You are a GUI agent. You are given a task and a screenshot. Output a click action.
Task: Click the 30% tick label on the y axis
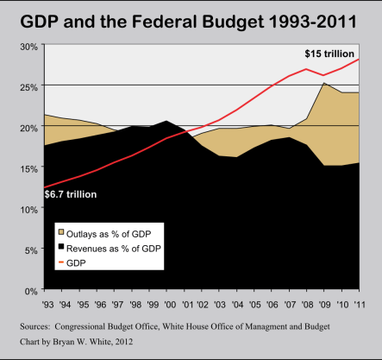pos(28,47)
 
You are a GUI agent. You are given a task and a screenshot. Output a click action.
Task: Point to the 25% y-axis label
pos(28,87)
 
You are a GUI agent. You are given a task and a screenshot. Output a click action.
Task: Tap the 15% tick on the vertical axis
pos(28,169)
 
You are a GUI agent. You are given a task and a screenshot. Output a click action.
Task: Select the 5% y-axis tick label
pos(31,250)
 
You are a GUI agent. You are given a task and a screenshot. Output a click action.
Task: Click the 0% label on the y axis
pos(31,291)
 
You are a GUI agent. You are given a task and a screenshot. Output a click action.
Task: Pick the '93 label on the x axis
pos(47,304)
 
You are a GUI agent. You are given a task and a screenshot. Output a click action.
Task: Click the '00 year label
pos(170,304)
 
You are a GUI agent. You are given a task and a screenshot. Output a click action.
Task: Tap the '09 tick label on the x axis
pos(325,304)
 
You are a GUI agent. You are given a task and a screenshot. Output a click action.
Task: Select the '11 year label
pos(360,304)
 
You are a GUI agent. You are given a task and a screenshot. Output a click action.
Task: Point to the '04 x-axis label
pos(237,304)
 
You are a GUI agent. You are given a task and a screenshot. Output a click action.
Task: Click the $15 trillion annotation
pos(329,54)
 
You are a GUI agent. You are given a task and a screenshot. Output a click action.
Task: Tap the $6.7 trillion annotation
pos(71,194)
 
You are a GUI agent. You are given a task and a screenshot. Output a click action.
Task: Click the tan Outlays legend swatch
pos(61,232)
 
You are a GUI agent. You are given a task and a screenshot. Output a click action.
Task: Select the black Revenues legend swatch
pos(61,246)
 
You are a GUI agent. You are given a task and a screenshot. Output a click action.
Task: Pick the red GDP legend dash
pos(61,262)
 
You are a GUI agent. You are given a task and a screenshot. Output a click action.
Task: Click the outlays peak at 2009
pos(324,83)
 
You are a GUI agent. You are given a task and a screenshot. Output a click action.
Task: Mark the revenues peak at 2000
pos(166,121)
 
